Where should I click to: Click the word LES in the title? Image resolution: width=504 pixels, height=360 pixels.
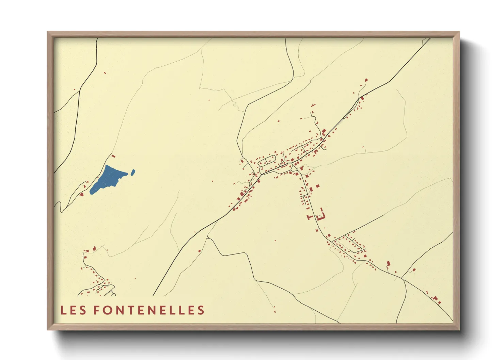coord(73,310)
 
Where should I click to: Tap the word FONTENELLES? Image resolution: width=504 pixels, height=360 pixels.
coord(148,310)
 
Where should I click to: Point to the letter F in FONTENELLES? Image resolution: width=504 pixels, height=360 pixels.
coord(96,310)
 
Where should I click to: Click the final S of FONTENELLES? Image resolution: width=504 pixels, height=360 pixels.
coord(201,310)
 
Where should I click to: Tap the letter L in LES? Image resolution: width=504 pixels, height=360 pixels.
coord(63,310)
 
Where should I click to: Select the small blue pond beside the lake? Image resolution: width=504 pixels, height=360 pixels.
coord(133,172)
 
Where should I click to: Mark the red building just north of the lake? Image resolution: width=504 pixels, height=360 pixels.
coord(113,156)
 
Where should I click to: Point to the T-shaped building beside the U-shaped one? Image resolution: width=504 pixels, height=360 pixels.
coord(310,217)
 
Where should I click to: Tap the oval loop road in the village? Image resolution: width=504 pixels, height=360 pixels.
coord(267,160)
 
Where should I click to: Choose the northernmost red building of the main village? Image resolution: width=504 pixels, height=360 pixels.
coord(366,80)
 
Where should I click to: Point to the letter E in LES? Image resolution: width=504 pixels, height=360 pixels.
coord(73,310)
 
